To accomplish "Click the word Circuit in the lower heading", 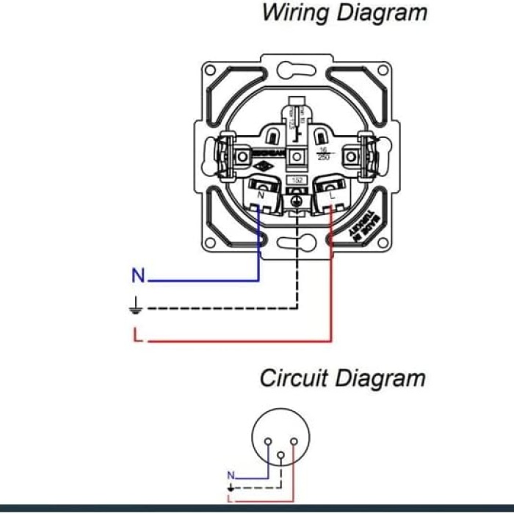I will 294,379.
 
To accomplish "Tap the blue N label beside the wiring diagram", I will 138,277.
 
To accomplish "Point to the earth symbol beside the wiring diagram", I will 136,308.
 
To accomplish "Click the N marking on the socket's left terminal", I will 261,196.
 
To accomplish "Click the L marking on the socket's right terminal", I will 332,196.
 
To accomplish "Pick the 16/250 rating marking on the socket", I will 322,154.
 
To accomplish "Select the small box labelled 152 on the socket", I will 297,180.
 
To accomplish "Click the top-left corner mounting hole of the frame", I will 210,70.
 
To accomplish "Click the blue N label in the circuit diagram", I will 231,475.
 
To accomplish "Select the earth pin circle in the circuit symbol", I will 280,455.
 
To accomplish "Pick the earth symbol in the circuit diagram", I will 231,487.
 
